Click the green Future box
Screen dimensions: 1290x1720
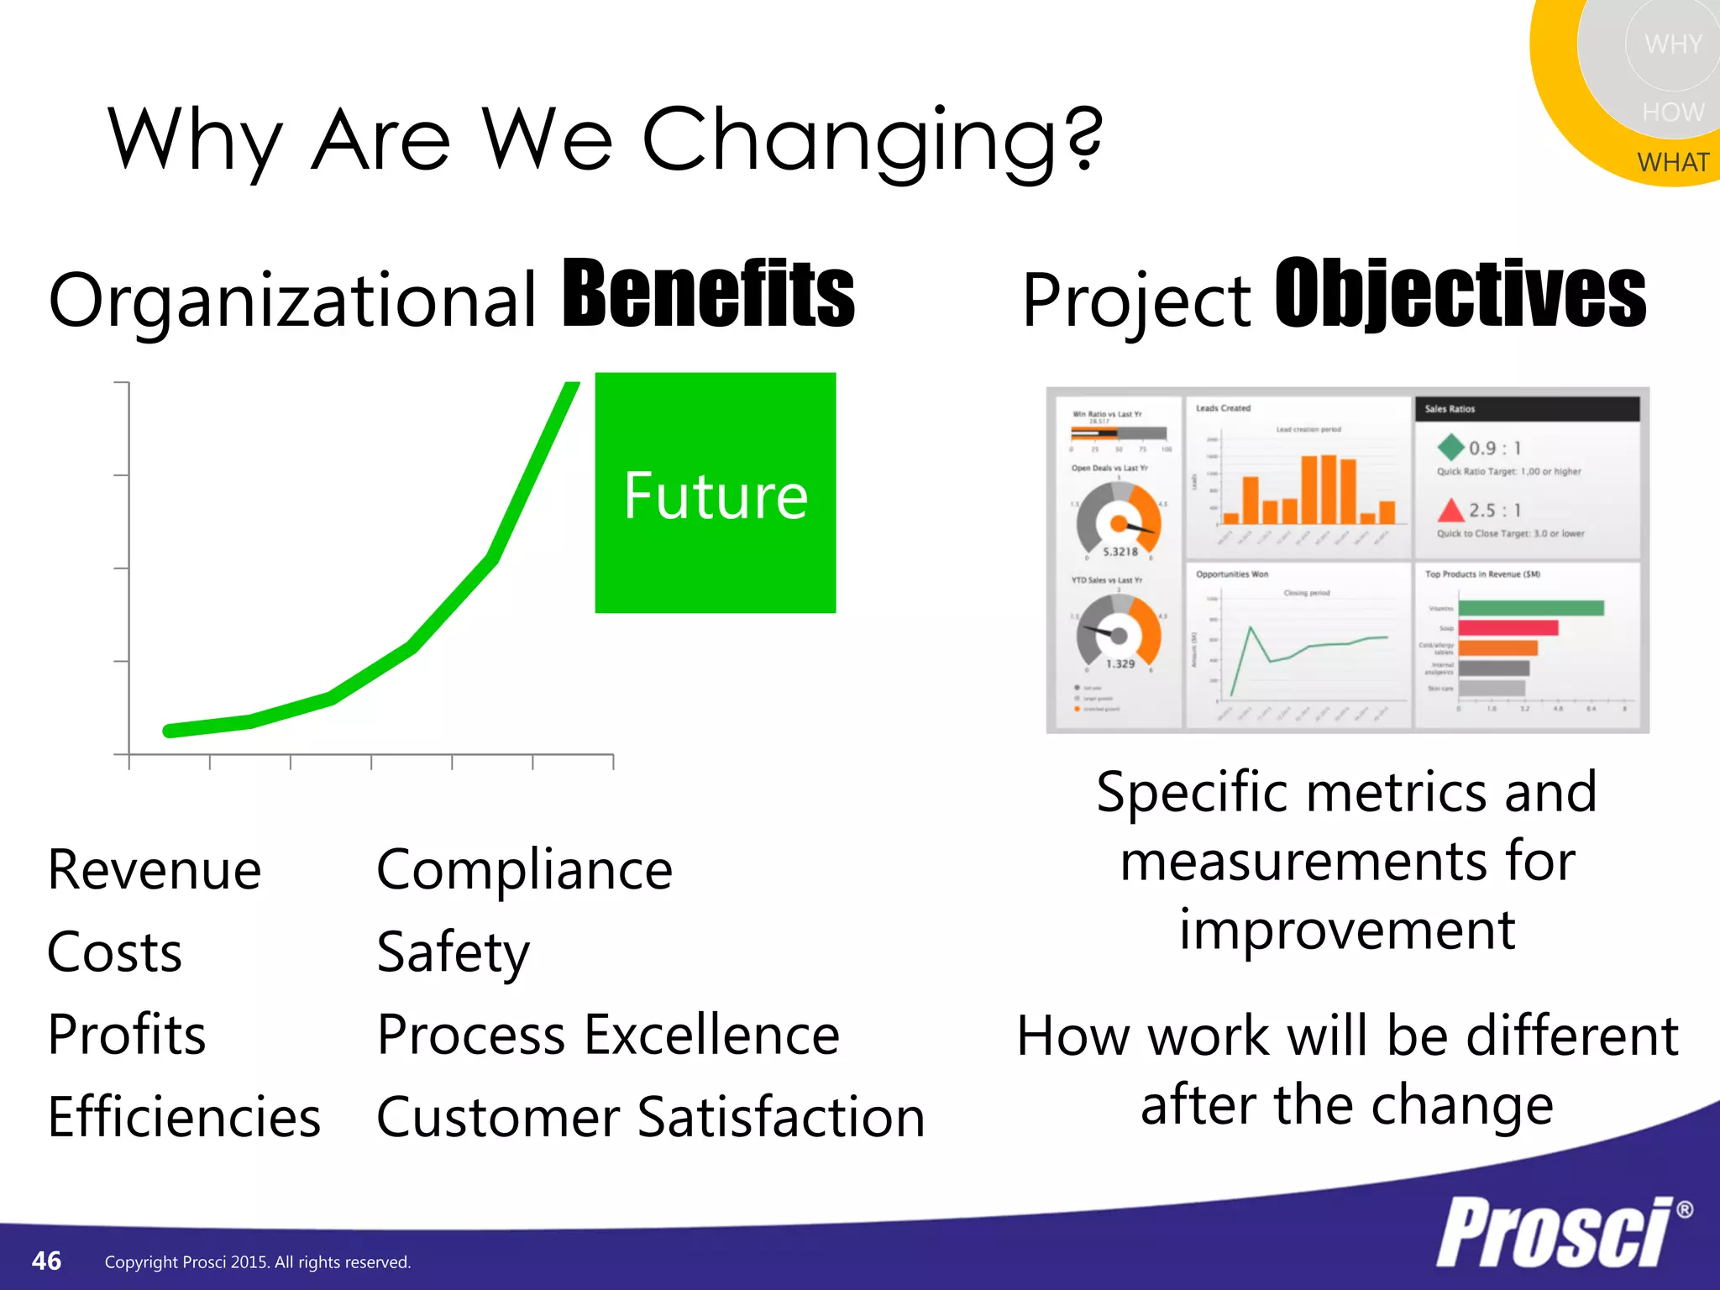pos(715,493)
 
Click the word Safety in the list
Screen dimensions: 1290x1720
pos(453,952)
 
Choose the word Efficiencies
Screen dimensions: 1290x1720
pos(184,1117)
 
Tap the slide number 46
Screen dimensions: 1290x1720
pos(46,1261)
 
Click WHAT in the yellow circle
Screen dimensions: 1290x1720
pos(1672,162)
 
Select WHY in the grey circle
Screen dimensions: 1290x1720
pos(1672,44)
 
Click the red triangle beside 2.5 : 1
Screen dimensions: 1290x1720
pos(1450,510)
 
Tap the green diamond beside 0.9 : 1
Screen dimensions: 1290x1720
pos(1450,447)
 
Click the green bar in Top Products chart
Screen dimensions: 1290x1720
pos(1530,608)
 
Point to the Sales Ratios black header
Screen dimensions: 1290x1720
pos(1527,409)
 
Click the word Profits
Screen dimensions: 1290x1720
pos(127,1035)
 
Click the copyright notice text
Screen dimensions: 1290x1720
pos(257,1262)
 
